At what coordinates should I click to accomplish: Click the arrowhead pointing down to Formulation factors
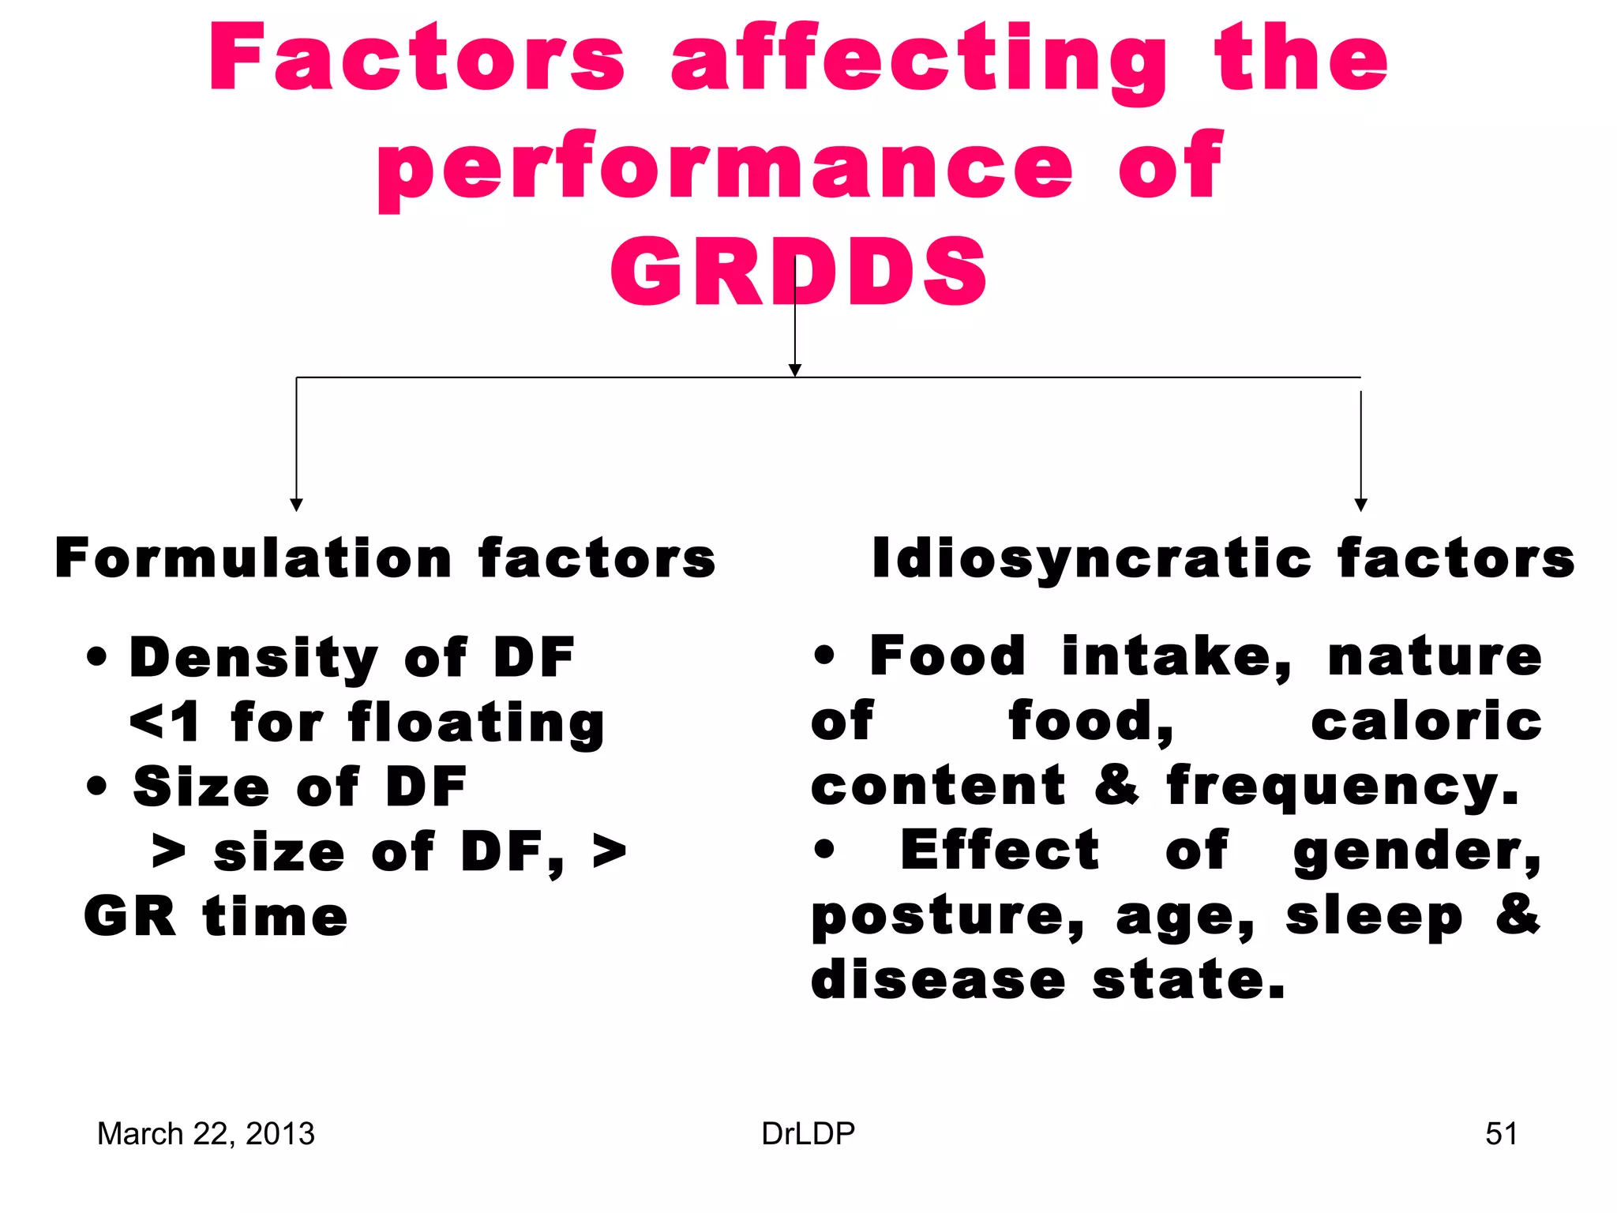(296, 505)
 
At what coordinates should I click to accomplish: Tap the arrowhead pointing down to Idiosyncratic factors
(1360, 505)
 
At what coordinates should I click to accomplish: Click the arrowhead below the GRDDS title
(795, 370)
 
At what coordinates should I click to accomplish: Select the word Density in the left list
(253, 658)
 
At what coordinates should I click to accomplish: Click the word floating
(476, 723)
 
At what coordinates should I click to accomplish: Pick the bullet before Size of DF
(96, 787)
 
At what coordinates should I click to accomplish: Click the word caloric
(1426, 722)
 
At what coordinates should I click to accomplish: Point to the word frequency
(1342, 787)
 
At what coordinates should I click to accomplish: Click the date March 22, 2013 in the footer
(205, 1134)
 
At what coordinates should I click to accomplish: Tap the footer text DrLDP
(808, 1134)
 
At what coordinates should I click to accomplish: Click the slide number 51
(1501, 1134)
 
